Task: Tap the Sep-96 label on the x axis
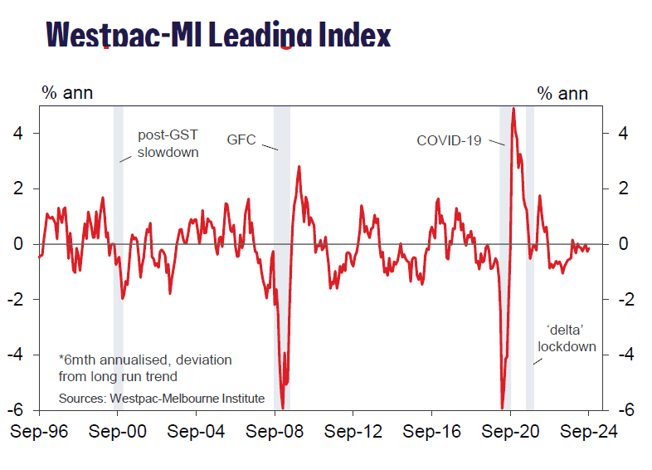[38, 432]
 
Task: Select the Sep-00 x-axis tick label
[117, 432]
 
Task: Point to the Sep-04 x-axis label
[195, 432]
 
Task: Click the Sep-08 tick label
[274, 432]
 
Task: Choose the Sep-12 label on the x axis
[352, 432]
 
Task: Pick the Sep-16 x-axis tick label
[431, 432]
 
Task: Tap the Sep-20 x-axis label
[509, 432]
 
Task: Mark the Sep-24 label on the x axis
[587, 432]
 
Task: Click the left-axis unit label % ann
[67, 92]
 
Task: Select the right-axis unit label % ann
[562, 92]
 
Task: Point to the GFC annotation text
[241, 140]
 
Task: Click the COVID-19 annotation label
[449, 140]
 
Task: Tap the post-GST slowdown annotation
[168, 144]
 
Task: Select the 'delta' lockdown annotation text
[567, 338]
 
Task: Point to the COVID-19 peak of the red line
[513, 109]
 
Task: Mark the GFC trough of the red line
[283, 408]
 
